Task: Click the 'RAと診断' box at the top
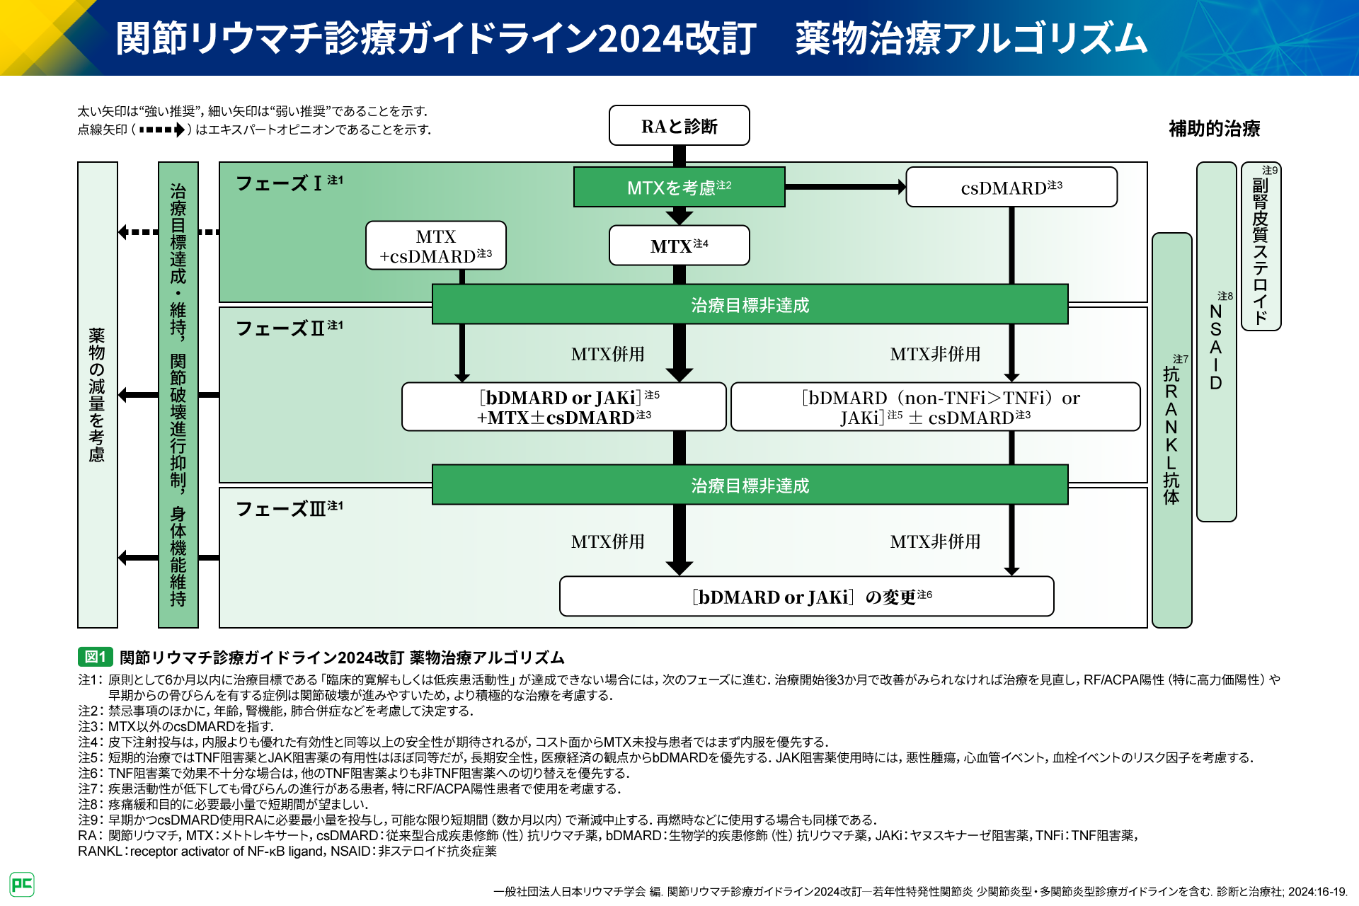pos(679,126)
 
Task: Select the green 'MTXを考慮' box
pos(679,188)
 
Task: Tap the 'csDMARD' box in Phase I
pos(1011,188)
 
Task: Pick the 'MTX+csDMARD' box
pos(435,246)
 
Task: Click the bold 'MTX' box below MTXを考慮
pos(679,246)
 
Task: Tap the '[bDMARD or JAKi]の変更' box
pos(806,597)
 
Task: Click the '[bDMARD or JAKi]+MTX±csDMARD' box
pos(563,407)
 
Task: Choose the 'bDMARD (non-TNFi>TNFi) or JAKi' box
pos(935,407)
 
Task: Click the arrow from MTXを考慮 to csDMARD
pos(845,188)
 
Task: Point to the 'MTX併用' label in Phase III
pos(607,541)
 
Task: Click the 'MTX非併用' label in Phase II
pos(935,354)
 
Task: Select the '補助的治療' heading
pos(1214,129)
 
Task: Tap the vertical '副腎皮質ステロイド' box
pos(1261,246)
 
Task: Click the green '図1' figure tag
pos(95,657)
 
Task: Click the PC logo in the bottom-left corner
pos(22,884)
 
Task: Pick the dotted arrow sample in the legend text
pos(162,130)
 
